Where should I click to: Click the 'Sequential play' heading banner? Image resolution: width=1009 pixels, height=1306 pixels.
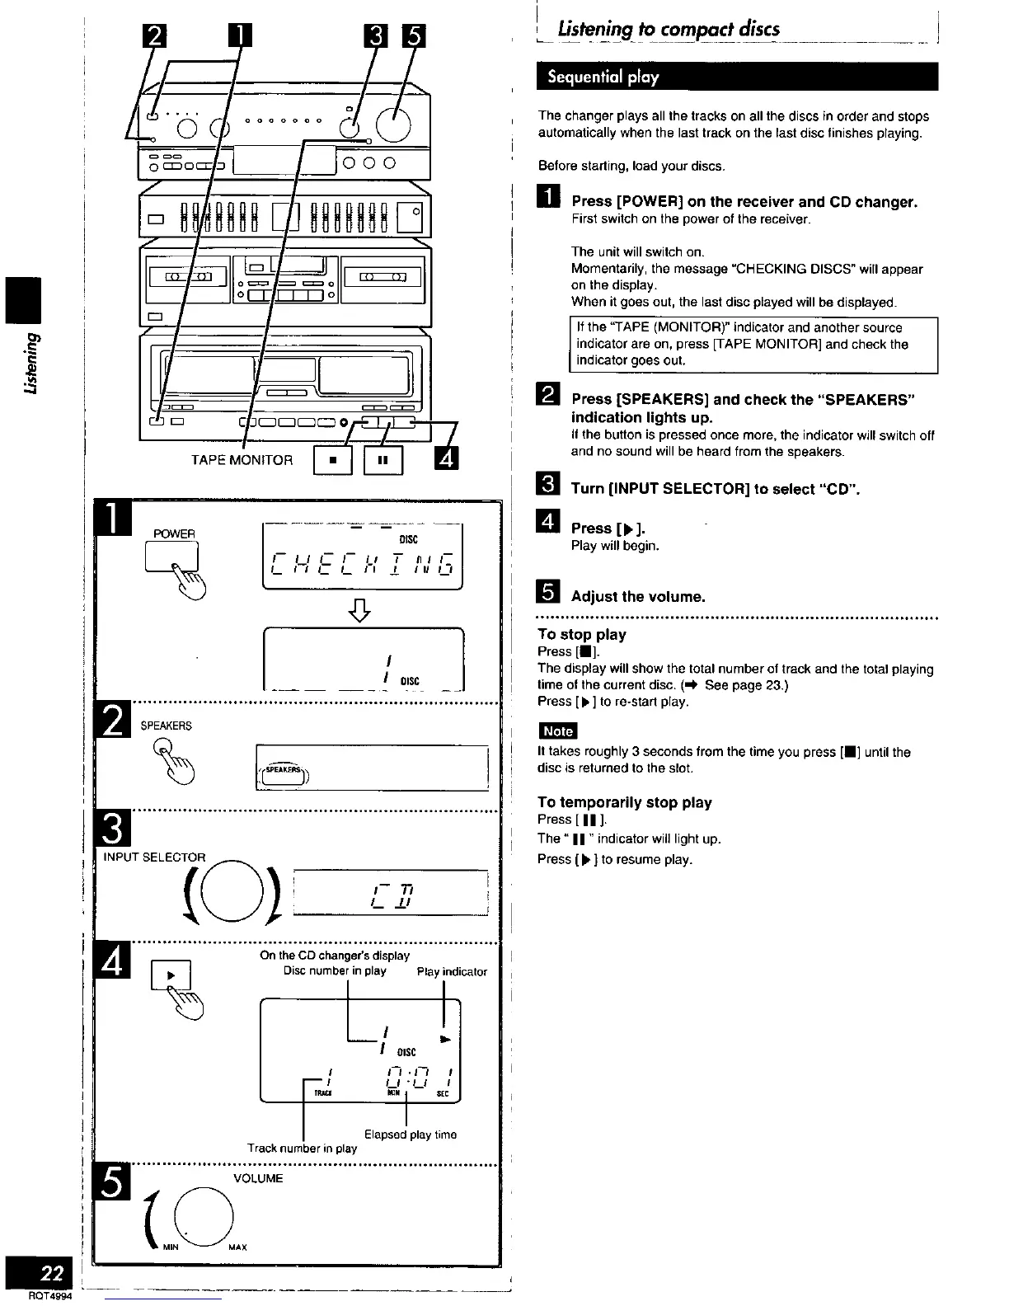point(598,77)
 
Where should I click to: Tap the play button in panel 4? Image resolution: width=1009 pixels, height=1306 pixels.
point(171,976)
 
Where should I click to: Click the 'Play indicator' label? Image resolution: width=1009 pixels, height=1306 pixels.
point(452,972)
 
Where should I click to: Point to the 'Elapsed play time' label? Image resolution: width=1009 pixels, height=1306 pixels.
point(410,1135)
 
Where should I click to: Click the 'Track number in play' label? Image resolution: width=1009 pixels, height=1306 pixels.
point(302,1148)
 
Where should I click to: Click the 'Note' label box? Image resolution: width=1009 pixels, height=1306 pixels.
point(557,731)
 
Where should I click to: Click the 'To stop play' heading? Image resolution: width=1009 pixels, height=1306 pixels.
point(581,634)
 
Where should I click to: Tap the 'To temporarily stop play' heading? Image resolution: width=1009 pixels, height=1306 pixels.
point(624,802)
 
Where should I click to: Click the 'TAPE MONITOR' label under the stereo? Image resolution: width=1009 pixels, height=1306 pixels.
point(242,460)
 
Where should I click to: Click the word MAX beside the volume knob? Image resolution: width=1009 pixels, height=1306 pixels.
point(237,1247)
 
